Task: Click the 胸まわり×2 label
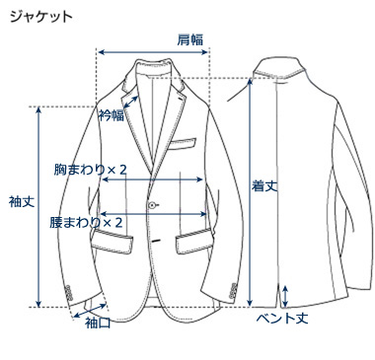point(91,170)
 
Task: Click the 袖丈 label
point(21,200)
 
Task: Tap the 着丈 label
point(262,184)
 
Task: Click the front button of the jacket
point(153,204)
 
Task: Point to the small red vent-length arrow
point(285,294)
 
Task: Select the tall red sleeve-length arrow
point(39,207)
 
